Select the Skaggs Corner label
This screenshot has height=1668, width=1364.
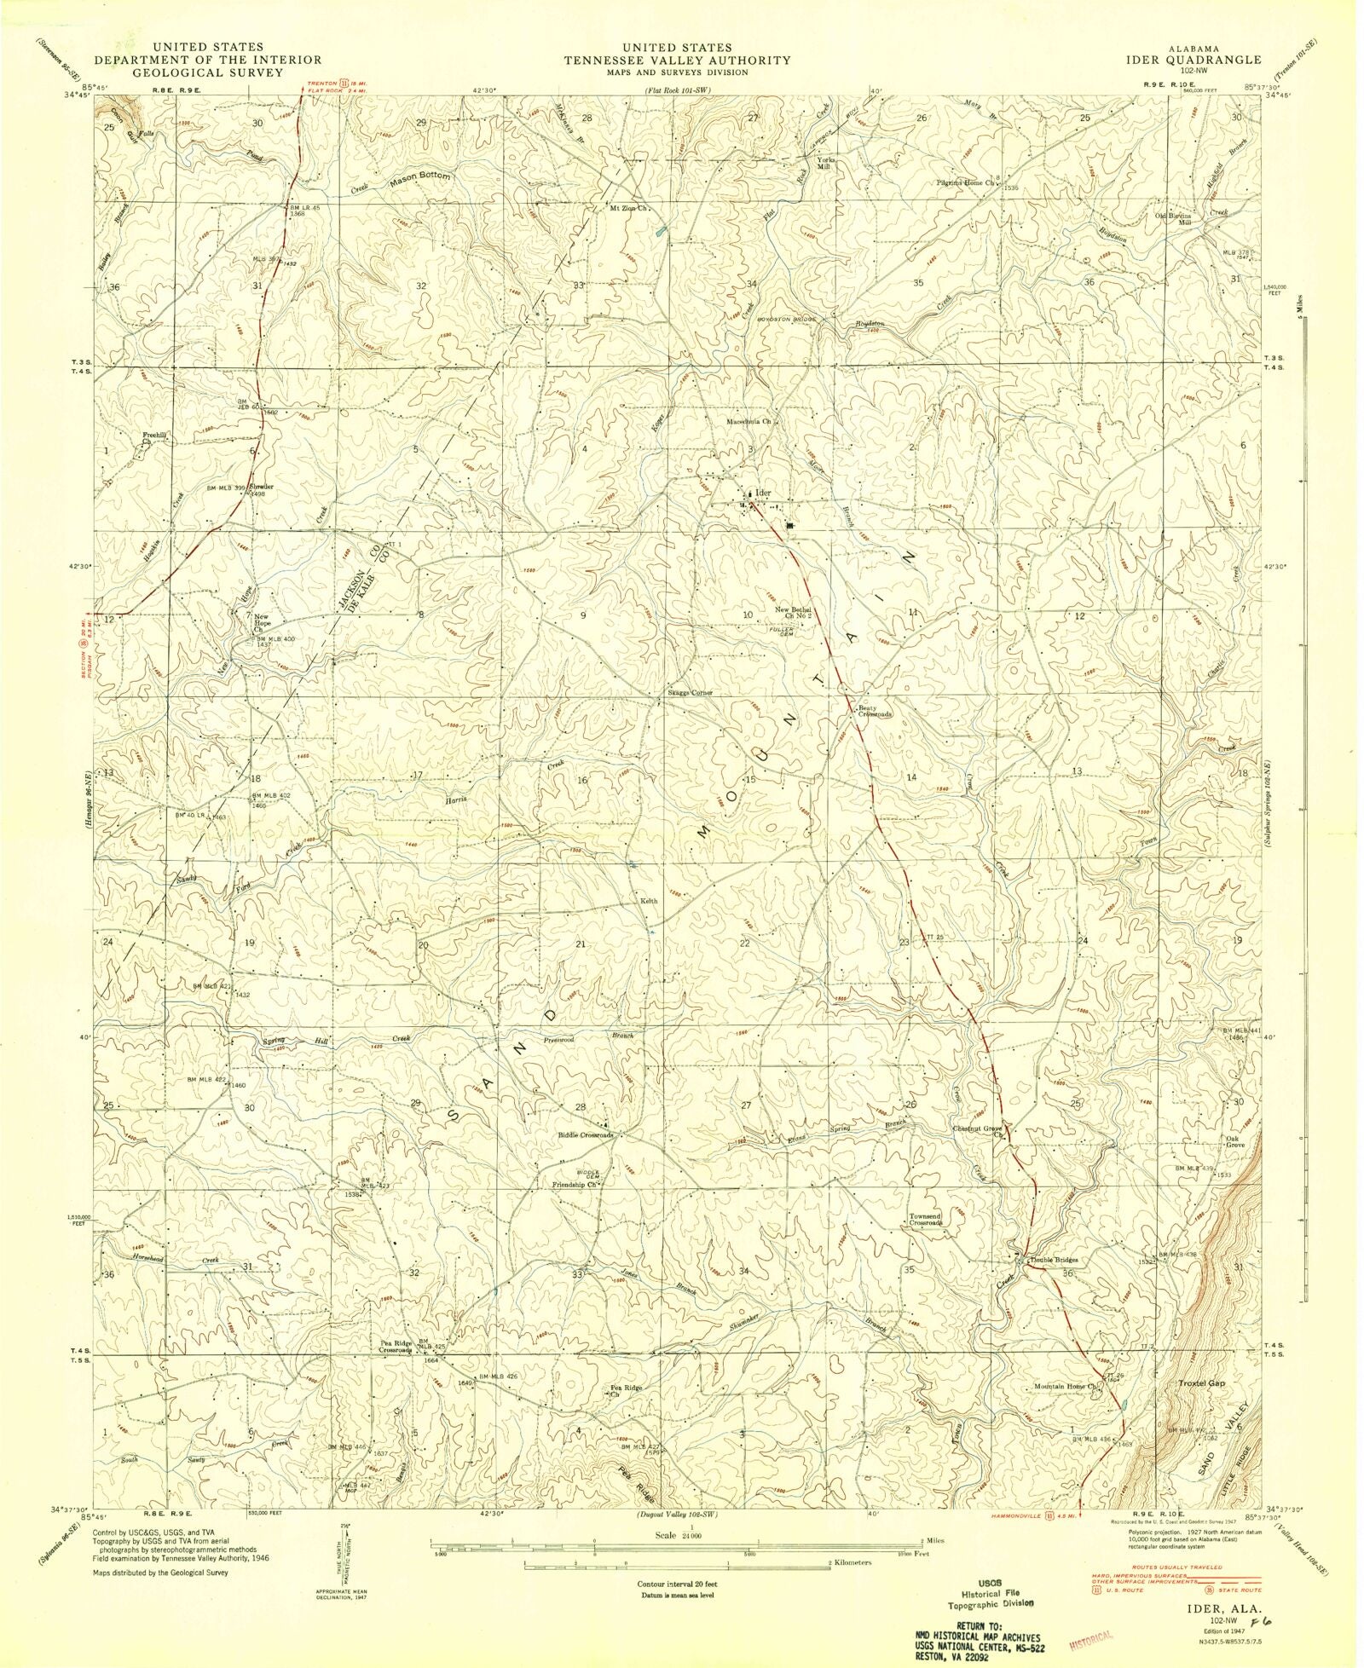[x=689, y=693]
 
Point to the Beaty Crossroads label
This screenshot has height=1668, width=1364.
[x=875, y=711]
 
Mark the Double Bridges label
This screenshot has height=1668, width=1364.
[x=1055, y=1260]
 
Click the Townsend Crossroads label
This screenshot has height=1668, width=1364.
[x=925, y=1219]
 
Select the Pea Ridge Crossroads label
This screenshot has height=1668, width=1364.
[x=396, y=1348]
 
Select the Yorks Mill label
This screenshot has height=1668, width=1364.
[x=826, y=164]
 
